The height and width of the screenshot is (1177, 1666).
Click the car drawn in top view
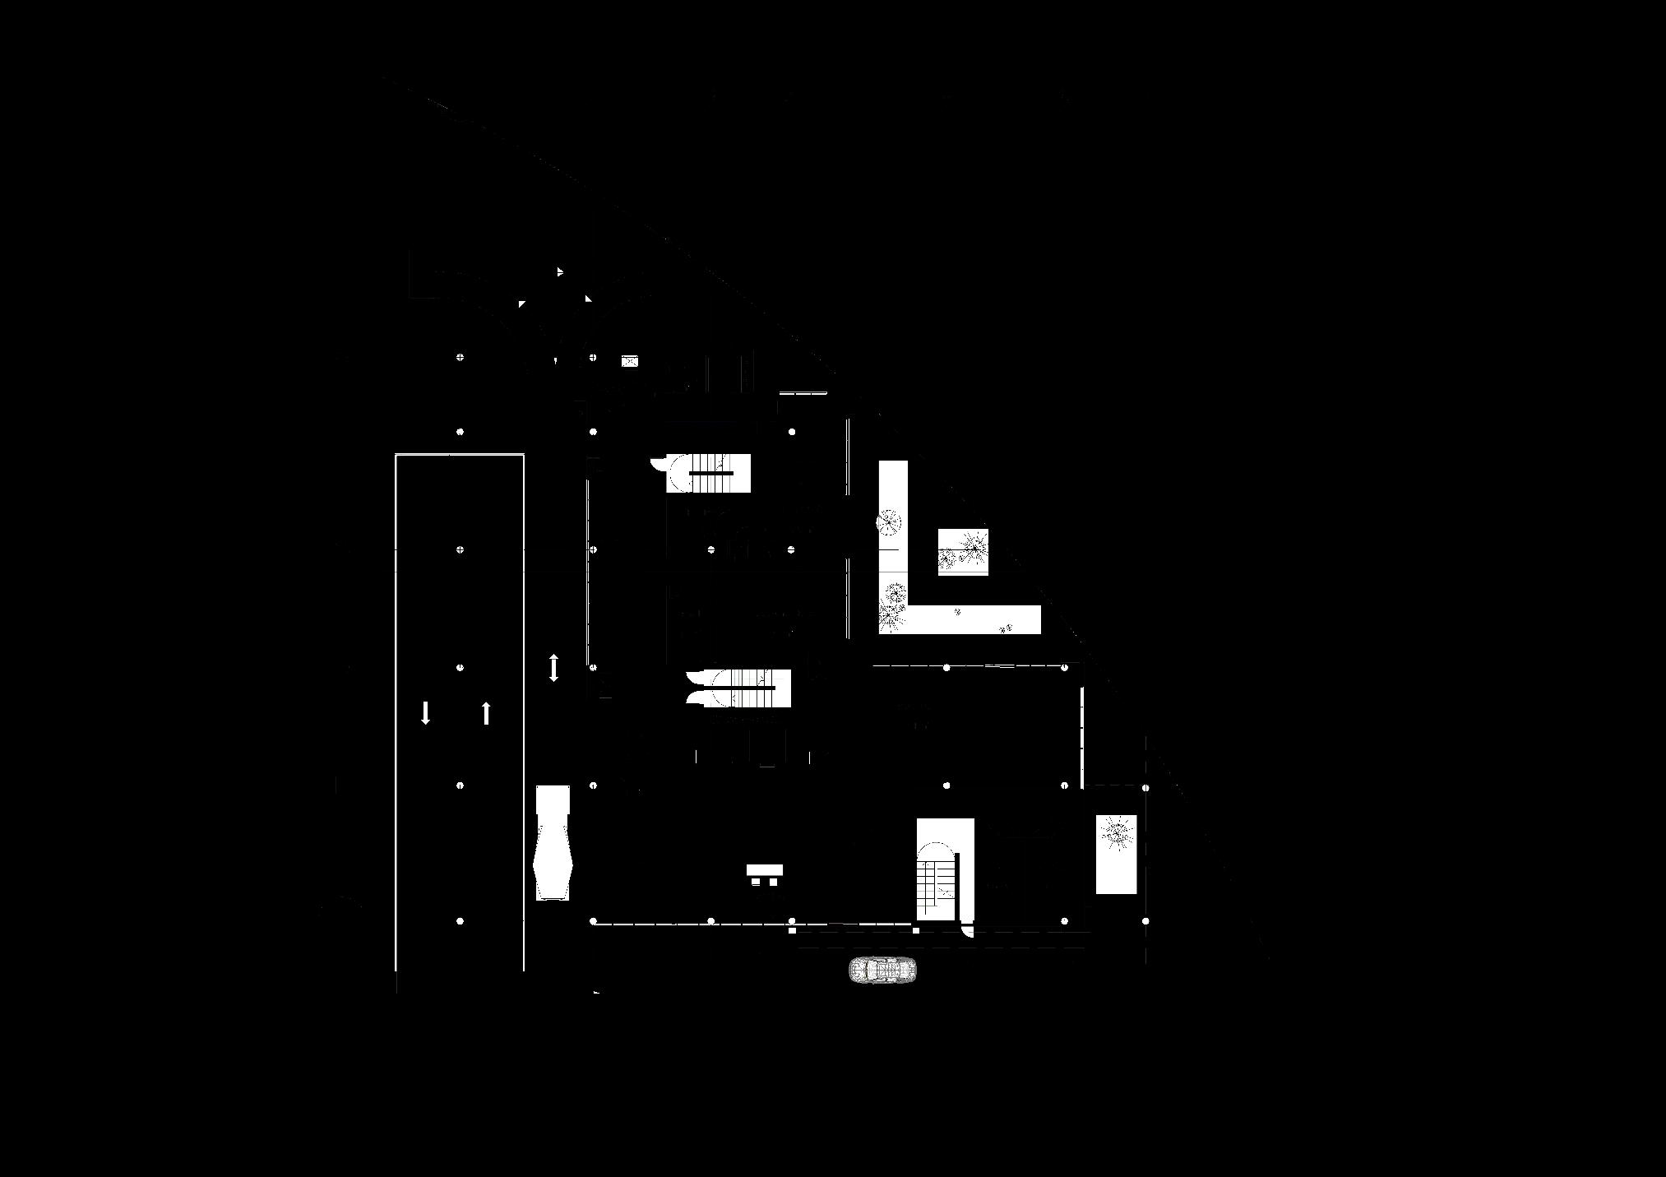(882, 971)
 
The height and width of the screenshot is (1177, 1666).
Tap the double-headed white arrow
(553, 667)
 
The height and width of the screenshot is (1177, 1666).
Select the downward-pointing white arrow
(425, 712)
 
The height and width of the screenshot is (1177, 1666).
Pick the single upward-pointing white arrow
(486, 712)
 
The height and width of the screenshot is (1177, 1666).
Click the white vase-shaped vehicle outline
(553, 842)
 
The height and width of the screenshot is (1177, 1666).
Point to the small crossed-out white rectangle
(629, 360)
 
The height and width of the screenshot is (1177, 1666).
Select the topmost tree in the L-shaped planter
(889, 521)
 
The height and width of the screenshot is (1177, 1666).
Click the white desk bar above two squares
(764, 869)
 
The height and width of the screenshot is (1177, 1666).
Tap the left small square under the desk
(756, 883)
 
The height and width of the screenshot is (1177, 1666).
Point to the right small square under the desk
(773, 883)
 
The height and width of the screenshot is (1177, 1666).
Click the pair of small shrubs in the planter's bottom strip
(1005, 628)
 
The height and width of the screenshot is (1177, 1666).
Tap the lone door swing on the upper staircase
(659, 464)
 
